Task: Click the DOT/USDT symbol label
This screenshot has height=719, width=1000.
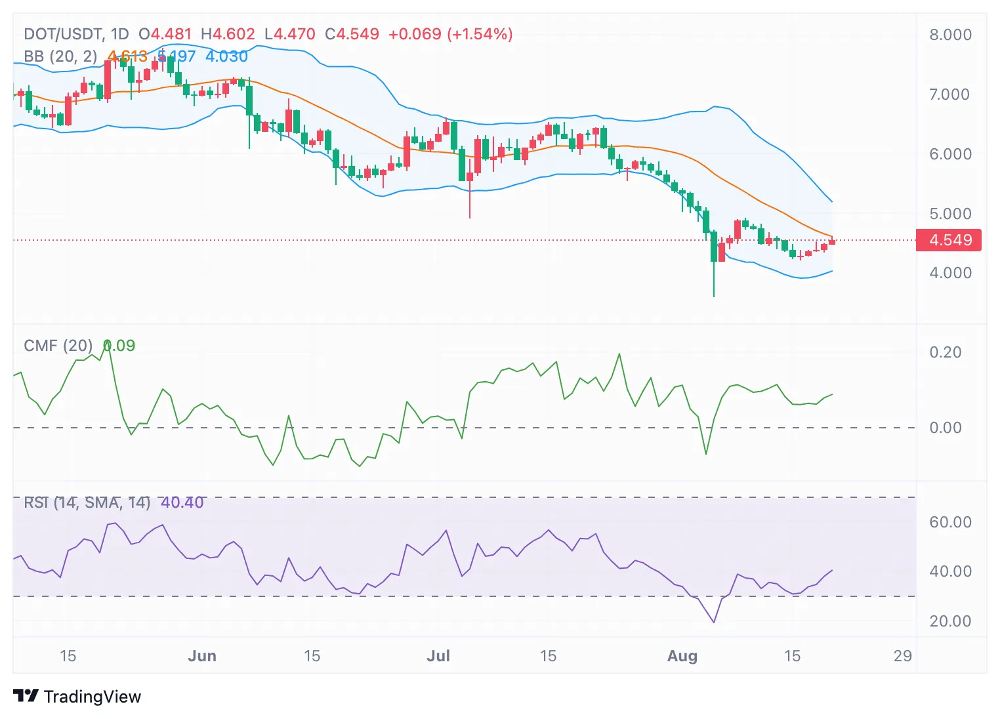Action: (62, 34)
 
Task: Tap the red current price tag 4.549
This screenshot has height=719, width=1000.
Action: (949, 240)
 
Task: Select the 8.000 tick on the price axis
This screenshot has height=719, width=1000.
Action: (950, 35)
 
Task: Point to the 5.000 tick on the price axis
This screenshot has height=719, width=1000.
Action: (950, 214)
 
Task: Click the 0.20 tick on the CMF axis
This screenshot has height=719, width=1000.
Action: (946, 352)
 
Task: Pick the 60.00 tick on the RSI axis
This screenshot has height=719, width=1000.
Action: (950, 522)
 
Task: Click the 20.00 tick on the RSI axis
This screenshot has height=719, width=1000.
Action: (950, 621)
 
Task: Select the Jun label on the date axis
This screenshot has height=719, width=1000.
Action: (202, 656)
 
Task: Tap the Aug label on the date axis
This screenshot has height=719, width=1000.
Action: (682, 656)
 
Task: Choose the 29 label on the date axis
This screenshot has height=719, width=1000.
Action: (903, 656)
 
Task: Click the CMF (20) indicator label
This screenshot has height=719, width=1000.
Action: (58, 346)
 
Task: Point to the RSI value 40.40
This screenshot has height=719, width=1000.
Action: (182, 503)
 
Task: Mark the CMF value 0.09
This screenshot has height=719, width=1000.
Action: (119, 346)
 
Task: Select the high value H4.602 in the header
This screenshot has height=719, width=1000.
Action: (228, 34)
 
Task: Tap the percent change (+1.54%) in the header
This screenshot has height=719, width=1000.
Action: (480, 34)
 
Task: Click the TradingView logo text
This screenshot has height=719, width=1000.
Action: (92, 697)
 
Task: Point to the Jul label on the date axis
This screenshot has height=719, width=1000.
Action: (438, 656)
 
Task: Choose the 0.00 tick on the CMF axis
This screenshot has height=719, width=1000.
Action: (946, 428)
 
